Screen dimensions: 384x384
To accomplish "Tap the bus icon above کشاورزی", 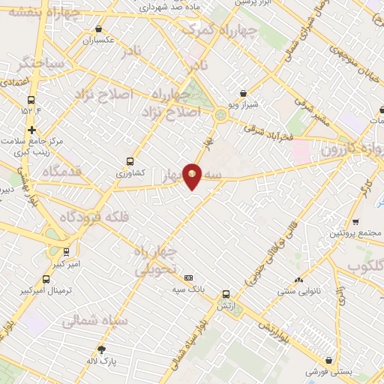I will tap(130, 160).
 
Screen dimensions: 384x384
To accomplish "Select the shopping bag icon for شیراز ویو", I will tap(243, 94).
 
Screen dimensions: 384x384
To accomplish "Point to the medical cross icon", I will tap(31, 130).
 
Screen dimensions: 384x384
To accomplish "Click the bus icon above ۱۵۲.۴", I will tap(31, 100).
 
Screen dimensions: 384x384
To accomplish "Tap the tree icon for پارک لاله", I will tap(101, 349).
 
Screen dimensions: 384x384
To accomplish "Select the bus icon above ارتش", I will tap(225, 294).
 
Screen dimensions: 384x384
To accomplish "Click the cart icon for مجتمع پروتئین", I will tap(355, 221).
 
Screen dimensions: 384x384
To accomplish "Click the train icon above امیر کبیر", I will tap(67, 252).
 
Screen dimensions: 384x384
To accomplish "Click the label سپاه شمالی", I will tap(95, 321).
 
